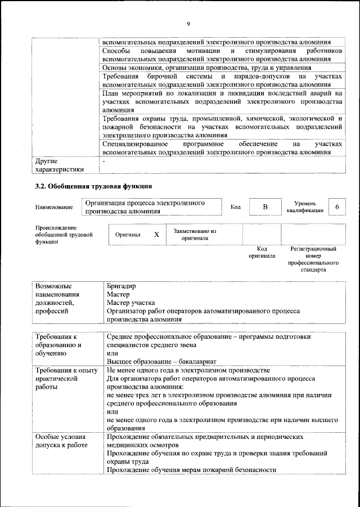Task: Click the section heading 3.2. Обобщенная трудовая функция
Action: click(93, 186)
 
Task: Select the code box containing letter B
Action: click(264, 207)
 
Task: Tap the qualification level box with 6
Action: click(336, 207)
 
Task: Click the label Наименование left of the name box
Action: click(54, 208)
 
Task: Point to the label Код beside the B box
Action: click(236, 207)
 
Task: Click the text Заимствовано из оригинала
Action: click(195, 234)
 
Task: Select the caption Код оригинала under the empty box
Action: click(262, 252)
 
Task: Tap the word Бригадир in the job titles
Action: click(121, 285)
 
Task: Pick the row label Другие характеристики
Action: click(59, 165)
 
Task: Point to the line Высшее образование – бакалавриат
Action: click(161, 361)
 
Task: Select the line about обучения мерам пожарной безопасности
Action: click(192, 470)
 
